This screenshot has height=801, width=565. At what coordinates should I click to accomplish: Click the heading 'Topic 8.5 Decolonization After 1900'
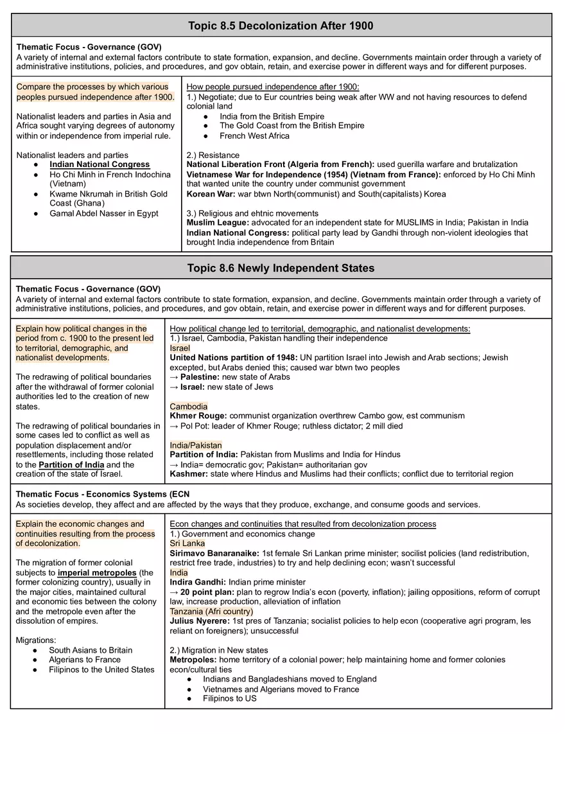(281, 26)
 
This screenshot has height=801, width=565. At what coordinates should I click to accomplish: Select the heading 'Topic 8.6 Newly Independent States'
(281, 268)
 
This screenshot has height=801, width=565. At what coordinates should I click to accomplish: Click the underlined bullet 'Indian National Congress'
(100, 164)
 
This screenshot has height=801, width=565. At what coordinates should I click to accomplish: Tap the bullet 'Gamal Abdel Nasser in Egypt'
(104, 213)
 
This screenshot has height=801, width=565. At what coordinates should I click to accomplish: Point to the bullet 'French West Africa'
(254, 136)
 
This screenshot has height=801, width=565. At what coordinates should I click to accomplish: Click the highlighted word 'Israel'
(180, 348)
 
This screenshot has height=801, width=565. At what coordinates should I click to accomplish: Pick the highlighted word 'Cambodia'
(189, 407)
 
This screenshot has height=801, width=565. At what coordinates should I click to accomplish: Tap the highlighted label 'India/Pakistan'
(196, 445)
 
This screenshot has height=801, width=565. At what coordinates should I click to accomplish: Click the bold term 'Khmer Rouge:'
(198, 416)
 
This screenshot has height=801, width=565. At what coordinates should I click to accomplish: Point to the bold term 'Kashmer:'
(189, 474)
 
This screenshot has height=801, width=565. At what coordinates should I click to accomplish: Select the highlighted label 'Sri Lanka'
(187, 543)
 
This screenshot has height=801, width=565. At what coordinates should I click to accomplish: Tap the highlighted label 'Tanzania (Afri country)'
(211, 612)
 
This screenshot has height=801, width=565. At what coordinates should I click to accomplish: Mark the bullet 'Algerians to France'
(85, 660)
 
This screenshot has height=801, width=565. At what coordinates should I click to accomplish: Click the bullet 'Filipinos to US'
(229, 698)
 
